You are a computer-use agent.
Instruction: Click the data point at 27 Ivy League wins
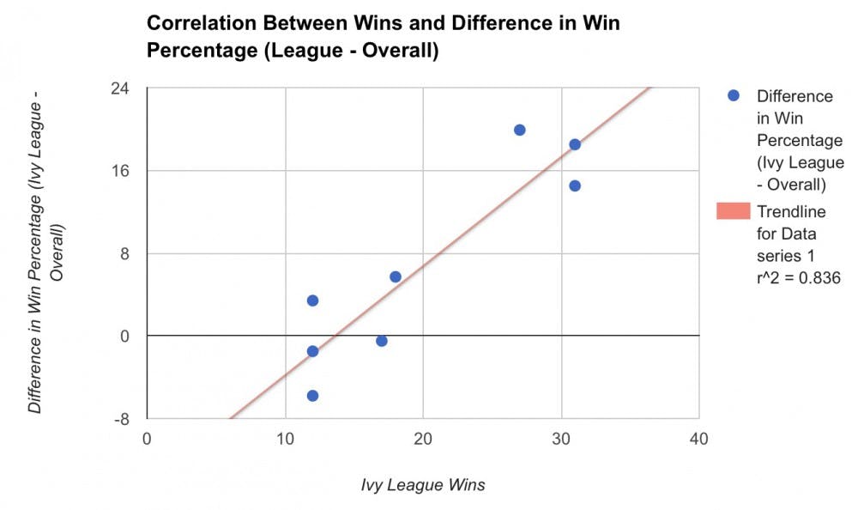(519, 130)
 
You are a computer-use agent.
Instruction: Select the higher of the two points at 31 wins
(575, 144)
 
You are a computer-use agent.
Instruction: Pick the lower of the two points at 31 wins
(575, 185)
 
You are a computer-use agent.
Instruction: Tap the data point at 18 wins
(396, 276)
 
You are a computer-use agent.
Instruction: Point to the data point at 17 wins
(382, 341)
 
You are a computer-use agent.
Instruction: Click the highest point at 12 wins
(312, 301)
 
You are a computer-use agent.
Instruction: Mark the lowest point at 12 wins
(312, 396)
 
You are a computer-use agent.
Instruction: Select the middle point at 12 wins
(312, 351)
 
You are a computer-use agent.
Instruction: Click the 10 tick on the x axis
(285, 439)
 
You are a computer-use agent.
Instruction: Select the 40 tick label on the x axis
(699, 439)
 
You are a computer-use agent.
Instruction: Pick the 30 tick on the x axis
(561, 439)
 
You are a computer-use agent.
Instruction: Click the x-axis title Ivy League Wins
(423, 485)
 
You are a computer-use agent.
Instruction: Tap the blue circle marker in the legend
(733, 96)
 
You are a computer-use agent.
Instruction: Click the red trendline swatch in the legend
(733, 211)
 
